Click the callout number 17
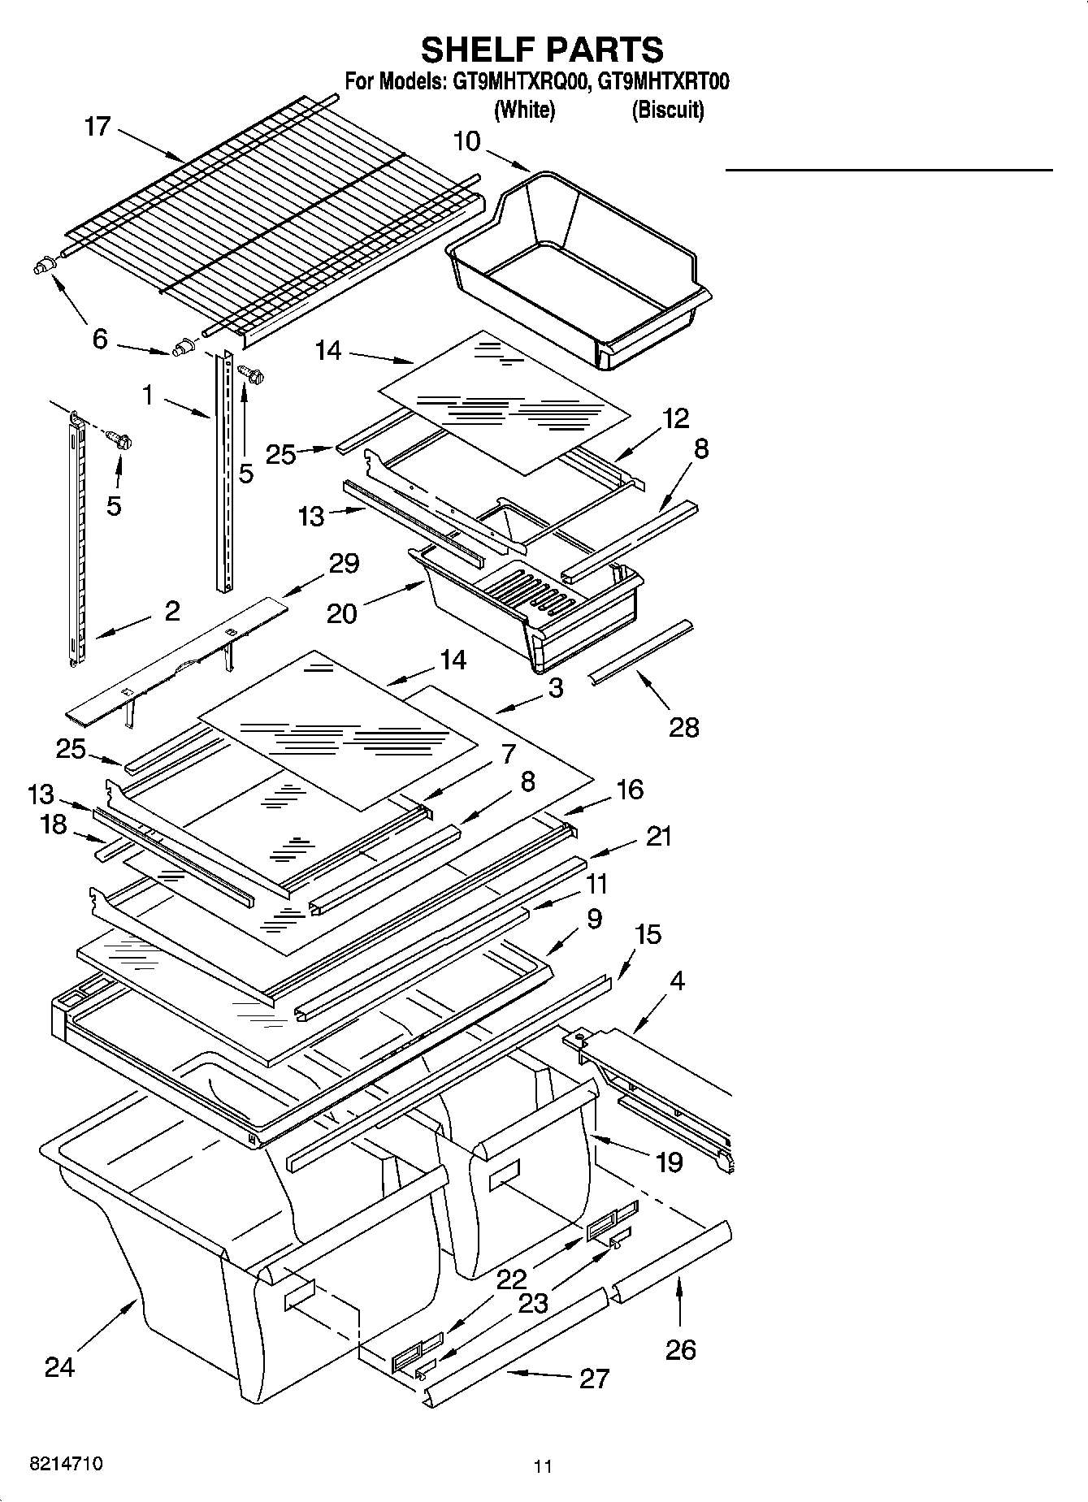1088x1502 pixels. click(97, 128)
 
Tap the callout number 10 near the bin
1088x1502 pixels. click(466, 141)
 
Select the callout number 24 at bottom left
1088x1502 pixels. click(59, 1367)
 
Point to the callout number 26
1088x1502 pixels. click(681, 1349)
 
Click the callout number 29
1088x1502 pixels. click(344, 563)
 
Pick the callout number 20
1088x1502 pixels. click(341, 613)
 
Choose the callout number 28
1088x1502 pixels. click(683, 727)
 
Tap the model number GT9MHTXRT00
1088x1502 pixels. click(663, 82)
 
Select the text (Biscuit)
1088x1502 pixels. click(668, 109)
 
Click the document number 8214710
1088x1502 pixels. click(66, 1465)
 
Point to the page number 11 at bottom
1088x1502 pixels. click(543, 1466)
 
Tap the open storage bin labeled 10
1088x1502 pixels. click(579, 268)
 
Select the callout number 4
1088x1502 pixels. click(676, 980)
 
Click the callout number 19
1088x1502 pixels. click(669, 1162)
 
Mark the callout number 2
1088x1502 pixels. click(171, 611)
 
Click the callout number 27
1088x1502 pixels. click(594, 1379)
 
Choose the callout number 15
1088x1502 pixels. click(647, 934)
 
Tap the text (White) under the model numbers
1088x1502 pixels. click(524, 109)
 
